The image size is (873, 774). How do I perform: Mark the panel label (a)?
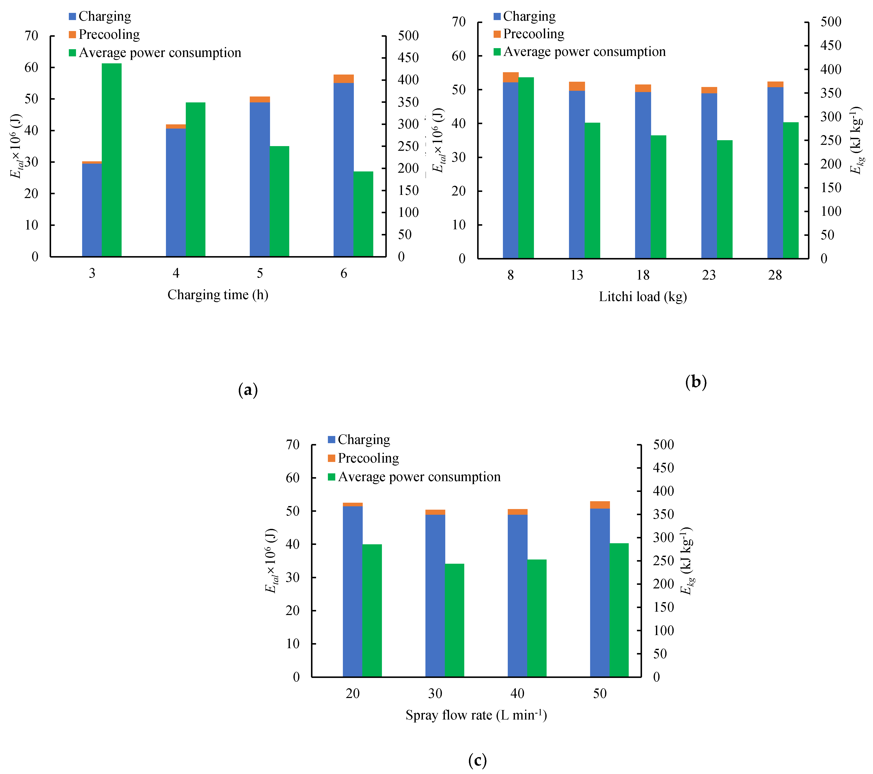[248, 390]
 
